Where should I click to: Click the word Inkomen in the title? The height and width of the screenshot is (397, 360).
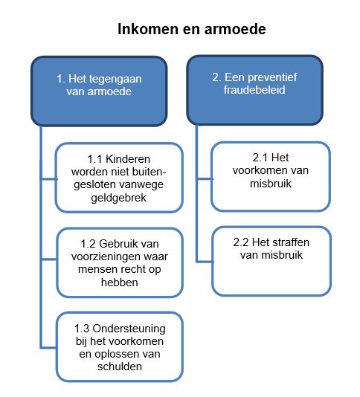tap(148, 29)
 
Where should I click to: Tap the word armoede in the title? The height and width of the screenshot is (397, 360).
tap(235, 29)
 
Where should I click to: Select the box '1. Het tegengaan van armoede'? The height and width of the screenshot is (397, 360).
tap(99, 91)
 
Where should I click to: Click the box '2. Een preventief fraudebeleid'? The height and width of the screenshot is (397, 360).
tap(255, 90)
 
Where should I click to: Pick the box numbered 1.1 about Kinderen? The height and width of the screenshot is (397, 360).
tap(119, 178)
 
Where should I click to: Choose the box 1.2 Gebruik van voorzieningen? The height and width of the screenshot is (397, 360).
tap(120, 262)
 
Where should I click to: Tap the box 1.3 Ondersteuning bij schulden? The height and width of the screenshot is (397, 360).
tap(120, 346)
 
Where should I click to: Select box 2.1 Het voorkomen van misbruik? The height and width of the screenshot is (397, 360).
tap(271, 176)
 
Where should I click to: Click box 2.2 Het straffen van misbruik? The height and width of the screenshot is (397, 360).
tap(271, 261)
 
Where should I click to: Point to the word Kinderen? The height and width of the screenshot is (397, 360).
tap(128, 159)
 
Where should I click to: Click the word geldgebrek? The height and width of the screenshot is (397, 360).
tap(118, 198)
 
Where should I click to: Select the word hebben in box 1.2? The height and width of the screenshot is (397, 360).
tap(120, 283)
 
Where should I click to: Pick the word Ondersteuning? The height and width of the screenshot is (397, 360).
tap(129, 329)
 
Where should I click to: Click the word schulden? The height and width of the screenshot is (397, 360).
tap(120, 367)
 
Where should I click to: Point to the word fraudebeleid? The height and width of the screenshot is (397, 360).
tap(254, 90)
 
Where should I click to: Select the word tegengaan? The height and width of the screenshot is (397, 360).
tap(115, 79)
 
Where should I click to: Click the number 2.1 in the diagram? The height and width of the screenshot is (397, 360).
tap(260, 158)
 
